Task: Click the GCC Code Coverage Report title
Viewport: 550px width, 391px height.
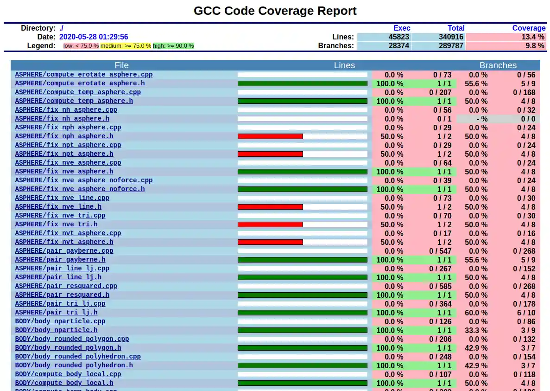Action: pyautogui.click(x=275, y=11)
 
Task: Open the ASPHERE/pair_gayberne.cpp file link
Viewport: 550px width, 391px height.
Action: pyautogui.click(x=64, y=251)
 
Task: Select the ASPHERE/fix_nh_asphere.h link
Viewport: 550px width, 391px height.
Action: pyautogui.click(x=62, y=119)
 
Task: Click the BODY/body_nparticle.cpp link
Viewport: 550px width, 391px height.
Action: pyautogui.click(x=60, y=321)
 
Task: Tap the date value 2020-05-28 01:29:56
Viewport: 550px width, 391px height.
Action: pyautogui.click(x=94, y=37)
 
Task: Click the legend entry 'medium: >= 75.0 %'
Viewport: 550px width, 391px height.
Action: pyautogui.click(x=126, y=46)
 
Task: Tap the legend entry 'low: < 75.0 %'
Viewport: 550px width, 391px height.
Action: pyautogui.click(x=81, y=46)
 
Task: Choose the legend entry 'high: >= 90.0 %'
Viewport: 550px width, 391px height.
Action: pyautogui.click(x=173, y=46)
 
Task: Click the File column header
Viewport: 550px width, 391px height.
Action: pyautogui.click(x=121, y=65)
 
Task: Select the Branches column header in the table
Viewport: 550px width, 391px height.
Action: pyautogui.click(x=498, y=65)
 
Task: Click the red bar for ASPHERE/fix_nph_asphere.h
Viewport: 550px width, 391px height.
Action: pyautogui.click(x=270, y=136)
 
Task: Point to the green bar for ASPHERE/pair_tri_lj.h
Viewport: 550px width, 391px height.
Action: pyautogui.click(x=302, y=313)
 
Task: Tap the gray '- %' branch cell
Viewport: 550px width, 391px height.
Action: pyautogui.click(x=478, y=119)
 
